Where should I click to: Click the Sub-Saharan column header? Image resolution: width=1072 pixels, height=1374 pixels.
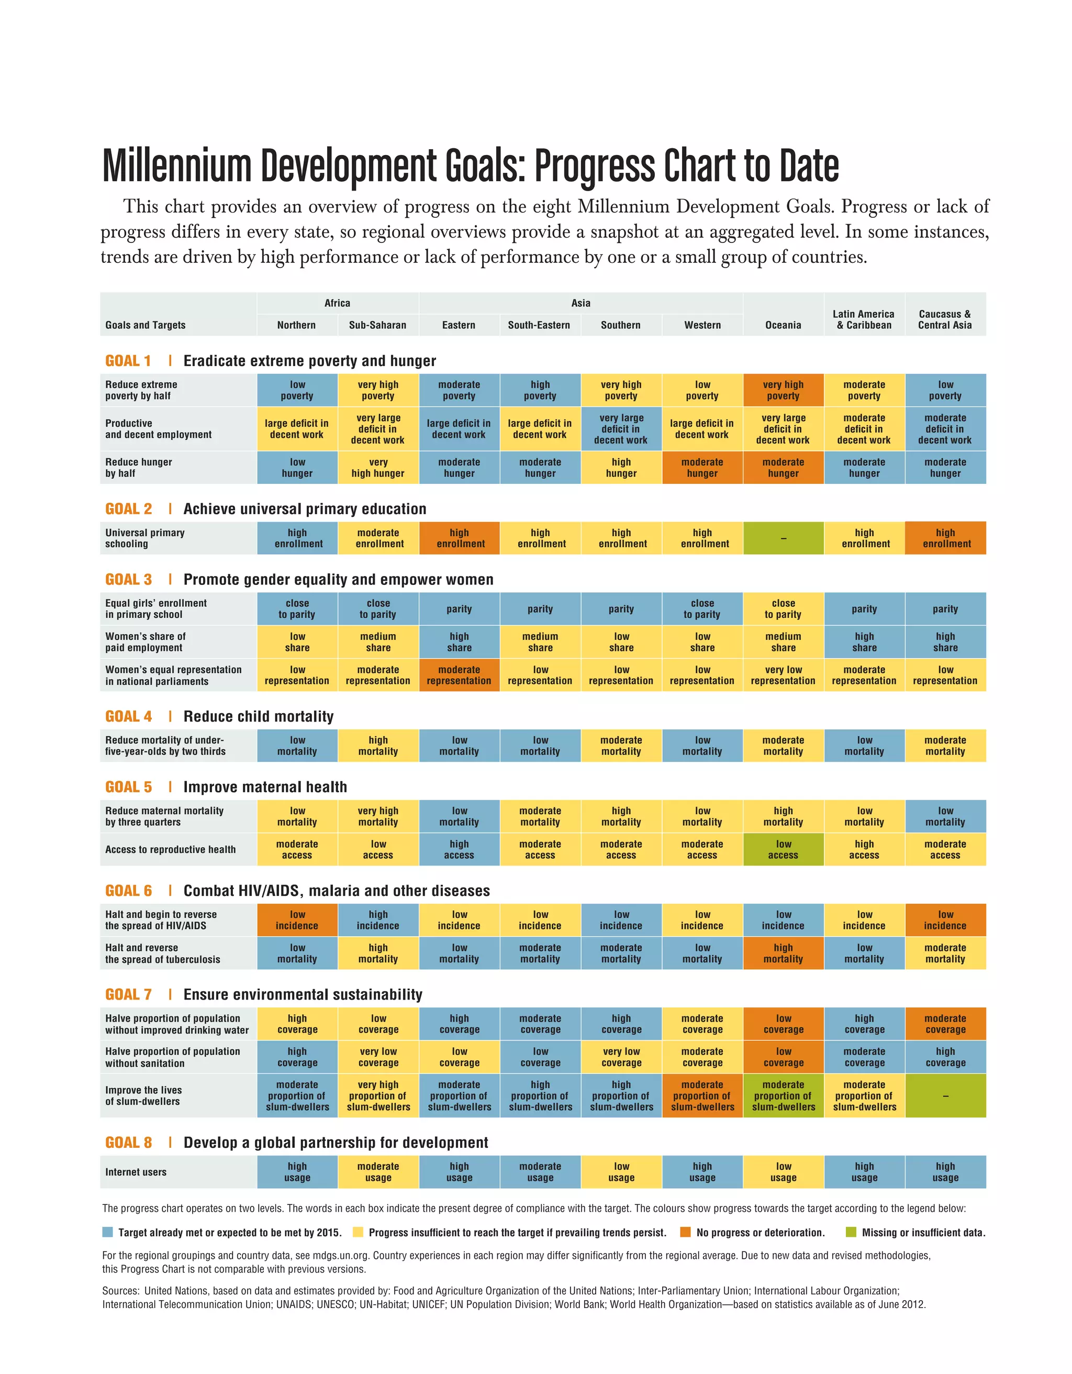click(x=377, y=325)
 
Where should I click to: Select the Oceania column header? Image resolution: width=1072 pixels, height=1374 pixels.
click(x=783, y=325)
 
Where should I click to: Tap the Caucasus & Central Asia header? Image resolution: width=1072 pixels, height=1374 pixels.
click(x=944, y=319)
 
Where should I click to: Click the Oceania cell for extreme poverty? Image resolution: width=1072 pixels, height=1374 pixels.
click(x=783, y=390)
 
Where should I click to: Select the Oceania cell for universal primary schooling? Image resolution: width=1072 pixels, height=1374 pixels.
click(x=783, y=538)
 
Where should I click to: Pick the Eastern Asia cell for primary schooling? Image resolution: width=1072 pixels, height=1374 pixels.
click(x=459, y=538)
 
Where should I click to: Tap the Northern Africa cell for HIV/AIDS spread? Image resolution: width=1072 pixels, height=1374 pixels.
click(x=297, y=921)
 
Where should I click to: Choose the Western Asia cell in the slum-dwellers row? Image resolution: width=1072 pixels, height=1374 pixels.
click(x=702, y=1096)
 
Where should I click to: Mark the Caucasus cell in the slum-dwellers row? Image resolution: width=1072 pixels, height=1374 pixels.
click(x=945, y=1096)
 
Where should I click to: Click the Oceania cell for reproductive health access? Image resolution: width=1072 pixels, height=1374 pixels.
click(x=783, y=850)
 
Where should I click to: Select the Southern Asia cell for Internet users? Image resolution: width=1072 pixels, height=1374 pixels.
click(x=621, y=1172)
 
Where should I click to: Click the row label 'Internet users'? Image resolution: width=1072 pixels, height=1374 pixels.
click(x=136, y=1172)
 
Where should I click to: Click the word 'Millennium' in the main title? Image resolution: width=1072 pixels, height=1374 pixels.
click(x=177, y=166)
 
